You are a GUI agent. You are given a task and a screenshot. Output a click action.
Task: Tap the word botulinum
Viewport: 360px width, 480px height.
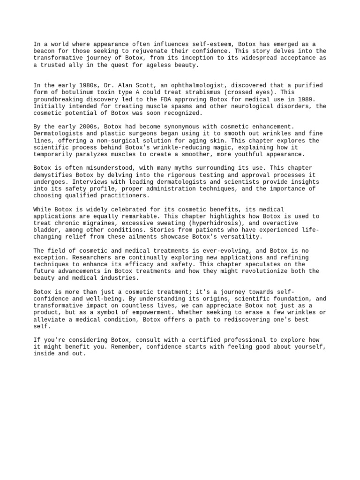pyautogui.click(x=68, y=92)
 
